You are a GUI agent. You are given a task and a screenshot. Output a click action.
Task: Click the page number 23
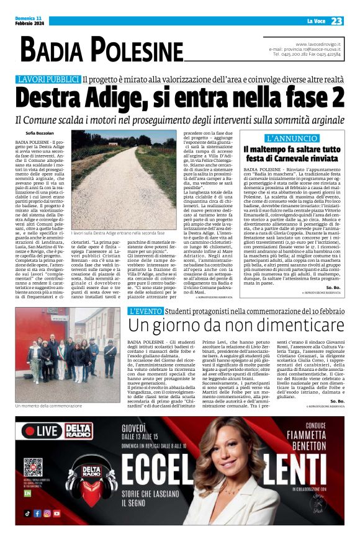(336, 21)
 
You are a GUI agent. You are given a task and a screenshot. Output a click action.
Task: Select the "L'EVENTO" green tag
(147, 311)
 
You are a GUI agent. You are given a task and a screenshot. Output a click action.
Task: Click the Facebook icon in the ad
(37, 514)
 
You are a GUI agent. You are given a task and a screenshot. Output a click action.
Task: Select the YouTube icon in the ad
(56, 514)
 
